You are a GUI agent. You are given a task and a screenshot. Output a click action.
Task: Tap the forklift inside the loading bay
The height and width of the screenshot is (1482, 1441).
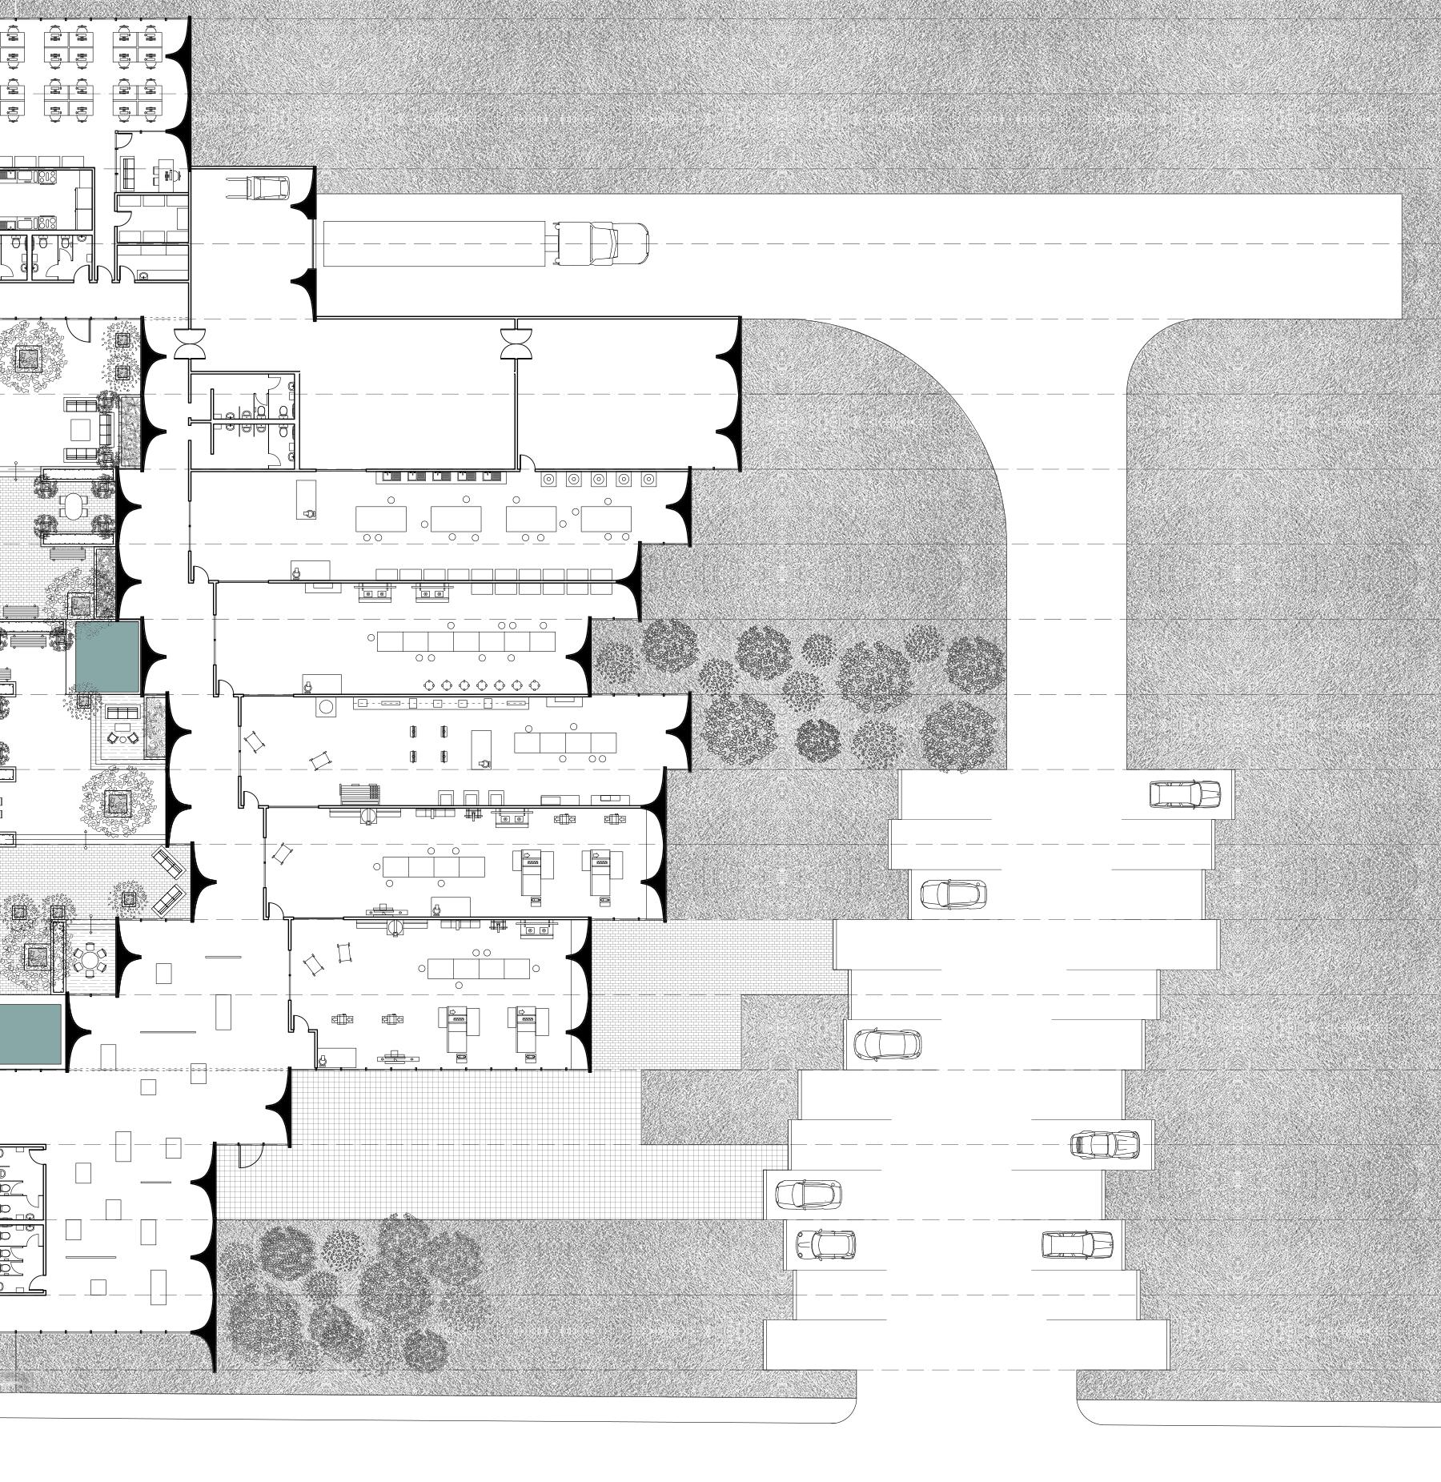point(269,188)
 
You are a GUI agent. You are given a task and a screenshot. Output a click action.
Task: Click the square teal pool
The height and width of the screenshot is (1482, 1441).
point(107,657)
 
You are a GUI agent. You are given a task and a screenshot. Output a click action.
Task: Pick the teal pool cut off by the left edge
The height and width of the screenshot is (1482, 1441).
point(30,1034)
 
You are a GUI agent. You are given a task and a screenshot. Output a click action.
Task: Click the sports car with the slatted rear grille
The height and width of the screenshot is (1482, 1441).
point(1105,1144)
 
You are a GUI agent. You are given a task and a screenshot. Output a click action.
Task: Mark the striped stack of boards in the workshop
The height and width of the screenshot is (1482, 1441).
point(359,793)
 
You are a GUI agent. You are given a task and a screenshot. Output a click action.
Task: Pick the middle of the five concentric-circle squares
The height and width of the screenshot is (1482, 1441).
point(598,480)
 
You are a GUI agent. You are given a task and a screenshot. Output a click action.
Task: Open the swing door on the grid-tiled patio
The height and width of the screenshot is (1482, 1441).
point(250,1155)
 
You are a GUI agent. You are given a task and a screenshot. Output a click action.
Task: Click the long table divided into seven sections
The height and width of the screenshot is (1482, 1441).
point(465,641)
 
